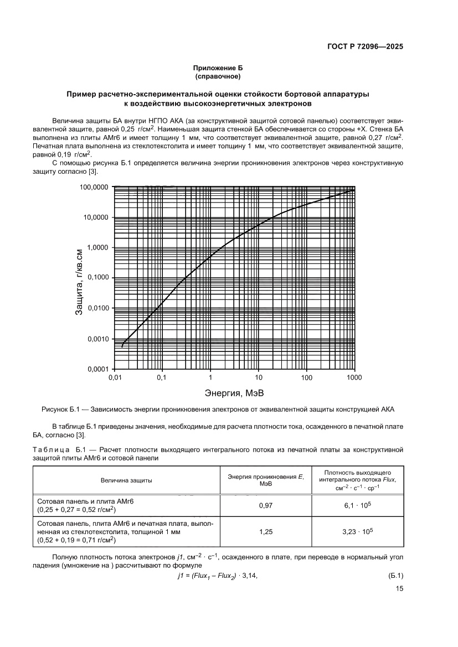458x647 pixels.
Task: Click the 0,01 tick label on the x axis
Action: [x=115, y=378]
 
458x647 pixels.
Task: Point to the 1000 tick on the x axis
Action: [x=354, y=378]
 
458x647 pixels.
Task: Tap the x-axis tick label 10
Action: [x=258, y=378]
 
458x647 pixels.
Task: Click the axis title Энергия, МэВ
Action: [x=234, y=395]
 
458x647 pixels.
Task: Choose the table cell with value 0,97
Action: [x=266, y=505]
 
